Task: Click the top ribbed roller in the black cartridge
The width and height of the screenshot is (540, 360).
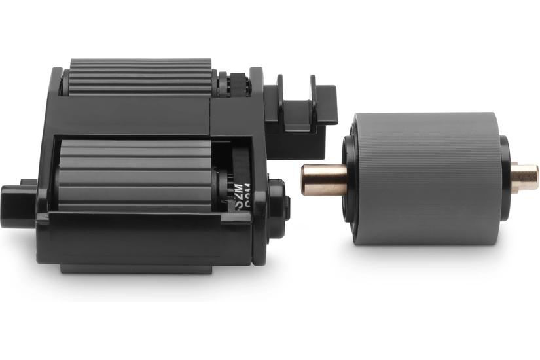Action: (140, 77)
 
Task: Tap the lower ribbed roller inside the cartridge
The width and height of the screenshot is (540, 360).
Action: (134, 175)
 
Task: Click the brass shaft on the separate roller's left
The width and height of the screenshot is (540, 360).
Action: (323, 179)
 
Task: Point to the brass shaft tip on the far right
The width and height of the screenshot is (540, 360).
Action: (526, 177)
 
